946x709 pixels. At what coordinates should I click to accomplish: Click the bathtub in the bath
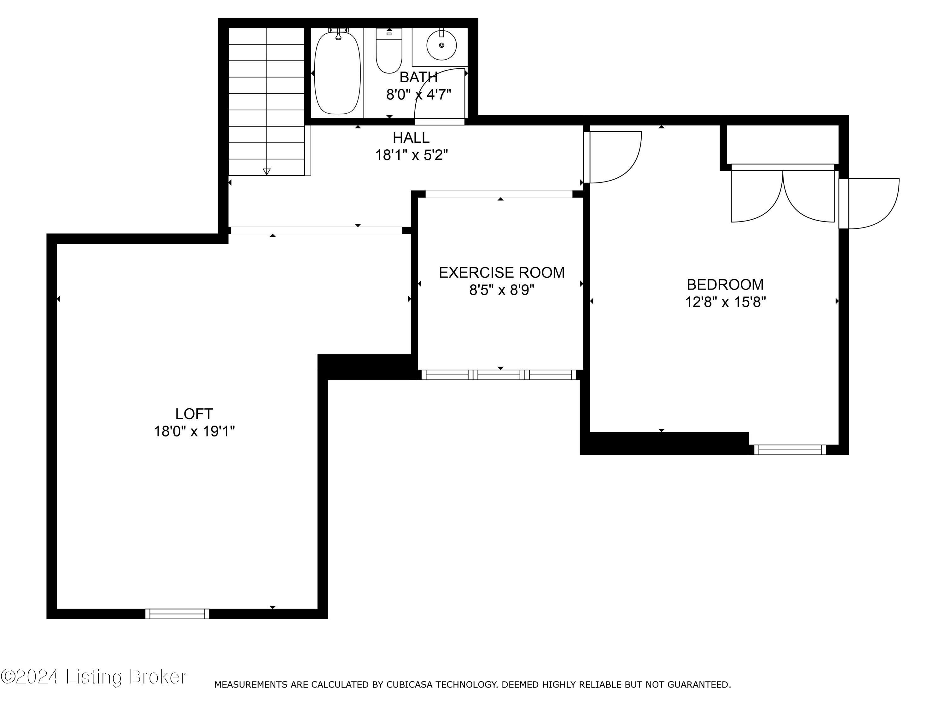pyautogui.click(x=337, y=73)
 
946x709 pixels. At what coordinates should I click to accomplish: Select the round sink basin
pyautogui.click(x=441, y=45)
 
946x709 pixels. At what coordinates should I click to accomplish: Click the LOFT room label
pyautogui.click(x=194, y=414)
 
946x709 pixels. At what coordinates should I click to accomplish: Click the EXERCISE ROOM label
pyautogui.click(x=501, y=273)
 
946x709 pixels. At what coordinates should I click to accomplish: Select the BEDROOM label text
pyautogui.click(x=725, y=285)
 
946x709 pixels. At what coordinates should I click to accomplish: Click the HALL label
pyautogui.click(x=411, y=138)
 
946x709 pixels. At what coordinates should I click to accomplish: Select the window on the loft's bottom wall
pyautogui.click(x=177, y=614)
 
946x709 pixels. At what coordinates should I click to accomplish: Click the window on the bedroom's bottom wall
pyautogui.click(x=790, y=450)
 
